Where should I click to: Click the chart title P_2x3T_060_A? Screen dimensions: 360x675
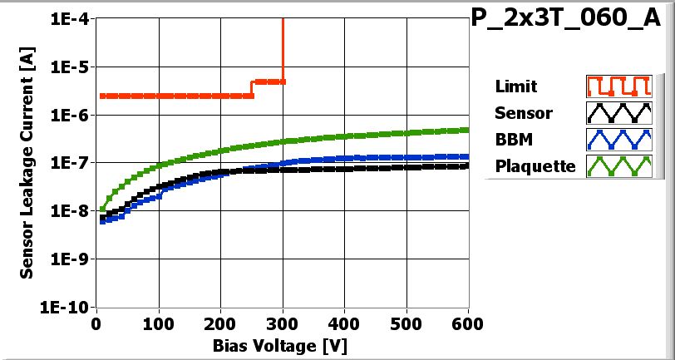click(x=570, y=19)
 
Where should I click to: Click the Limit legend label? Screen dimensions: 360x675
click(x=515, y=86)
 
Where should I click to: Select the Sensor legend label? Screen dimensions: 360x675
click(x=523, y=113)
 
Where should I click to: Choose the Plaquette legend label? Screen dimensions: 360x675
click(x=535, y=165)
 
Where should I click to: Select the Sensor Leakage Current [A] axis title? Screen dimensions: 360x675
click(x=27, y=162)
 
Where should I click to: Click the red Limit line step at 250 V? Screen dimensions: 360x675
click(x=252, y=89)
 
